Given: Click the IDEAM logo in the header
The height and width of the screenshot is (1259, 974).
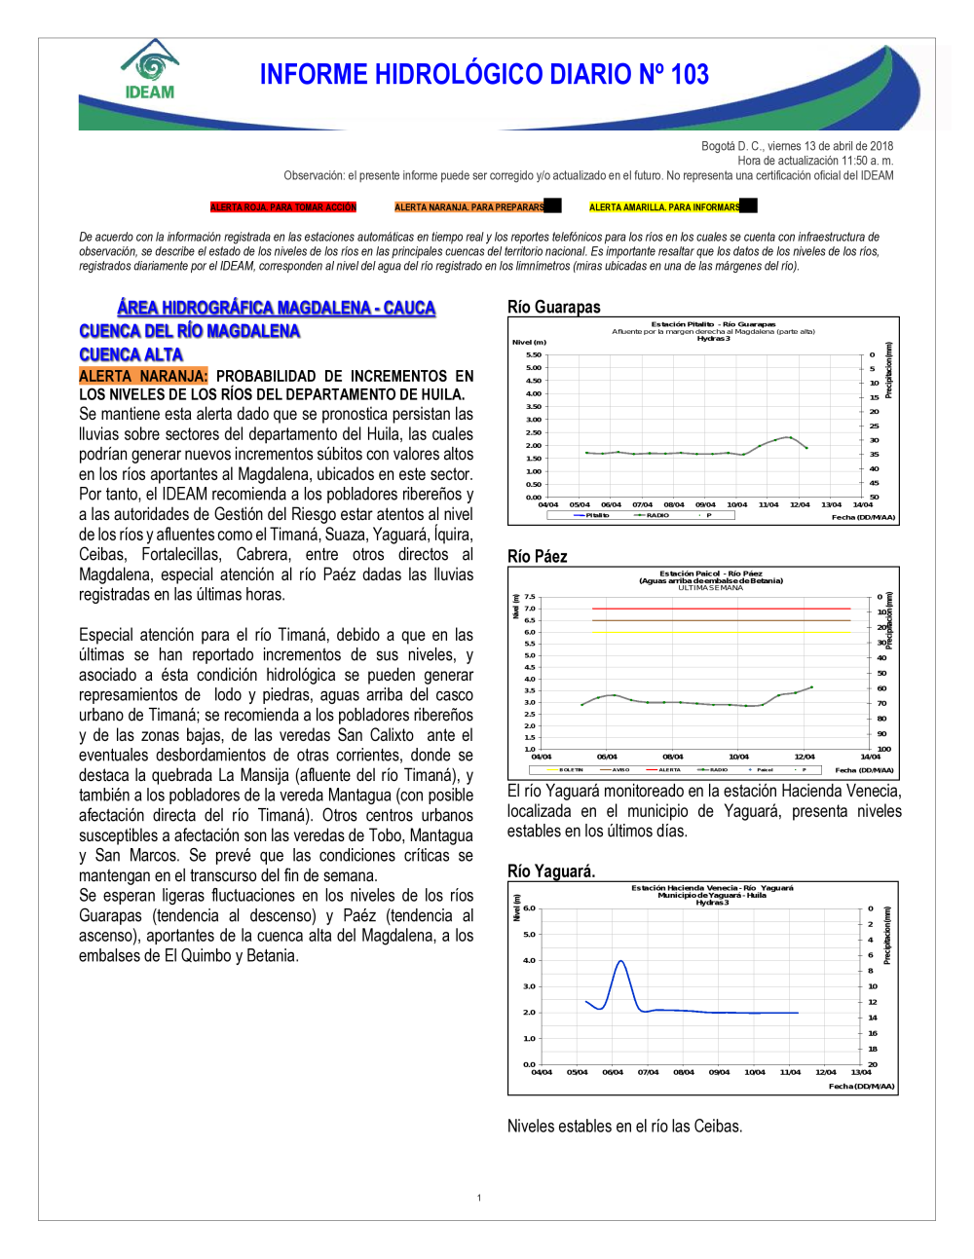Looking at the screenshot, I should pos(150,71).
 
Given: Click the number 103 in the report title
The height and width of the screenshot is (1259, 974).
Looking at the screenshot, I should pos(689,75).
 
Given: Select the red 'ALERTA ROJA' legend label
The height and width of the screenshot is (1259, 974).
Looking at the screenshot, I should pos(283,207).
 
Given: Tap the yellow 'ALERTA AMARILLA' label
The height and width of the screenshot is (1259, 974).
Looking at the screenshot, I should pos(664,207).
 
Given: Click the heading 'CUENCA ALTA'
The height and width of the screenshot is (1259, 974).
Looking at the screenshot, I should pos(131,354).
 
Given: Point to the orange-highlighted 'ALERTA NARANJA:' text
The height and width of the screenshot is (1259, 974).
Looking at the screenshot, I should pos(143,376).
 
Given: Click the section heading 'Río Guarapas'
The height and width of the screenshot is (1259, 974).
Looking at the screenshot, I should pos(553,307).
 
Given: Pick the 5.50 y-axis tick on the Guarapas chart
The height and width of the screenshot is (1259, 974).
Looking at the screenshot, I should pos(534,354).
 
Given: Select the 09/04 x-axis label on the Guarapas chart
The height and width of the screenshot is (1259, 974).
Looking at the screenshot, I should pos(705,504).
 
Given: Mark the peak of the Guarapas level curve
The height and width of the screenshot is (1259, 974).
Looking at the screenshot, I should pos(789,437).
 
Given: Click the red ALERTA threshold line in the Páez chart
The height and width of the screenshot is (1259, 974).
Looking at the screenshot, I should pos(721,609).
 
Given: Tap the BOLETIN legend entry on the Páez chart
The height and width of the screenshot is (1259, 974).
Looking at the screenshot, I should pos(571,769).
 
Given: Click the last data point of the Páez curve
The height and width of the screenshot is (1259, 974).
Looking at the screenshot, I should pos(811,687).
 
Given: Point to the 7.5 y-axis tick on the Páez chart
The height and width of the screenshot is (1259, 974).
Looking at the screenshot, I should pos(530,597).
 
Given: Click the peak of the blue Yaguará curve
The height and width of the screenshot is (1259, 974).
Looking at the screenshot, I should pos(620,961).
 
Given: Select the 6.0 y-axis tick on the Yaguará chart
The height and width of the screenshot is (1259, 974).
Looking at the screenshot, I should pos(529,908).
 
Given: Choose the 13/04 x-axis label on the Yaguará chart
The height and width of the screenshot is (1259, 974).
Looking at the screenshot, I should pos(861,1072).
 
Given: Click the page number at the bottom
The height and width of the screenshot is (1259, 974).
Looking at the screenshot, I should pos(479,1198).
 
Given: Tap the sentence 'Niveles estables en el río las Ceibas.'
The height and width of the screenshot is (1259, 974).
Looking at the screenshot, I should pos(624,1127).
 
